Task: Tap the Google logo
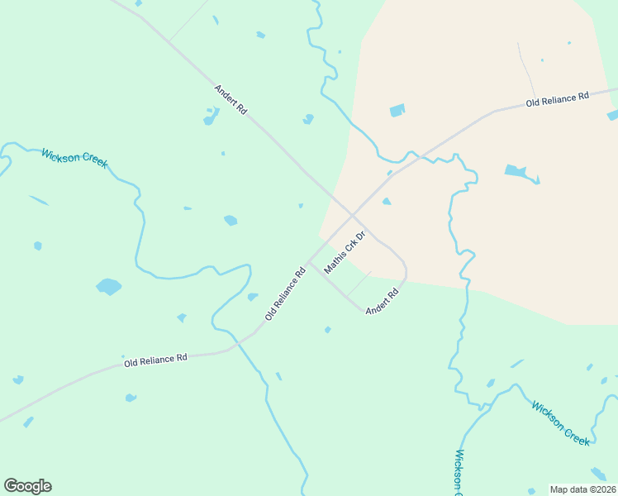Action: (27, 486)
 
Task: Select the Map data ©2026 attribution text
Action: (582, 489)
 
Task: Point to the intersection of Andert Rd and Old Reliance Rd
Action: (354, 214)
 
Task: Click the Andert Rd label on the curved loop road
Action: (382, 299)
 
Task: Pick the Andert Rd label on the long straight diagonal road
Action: (231, 98)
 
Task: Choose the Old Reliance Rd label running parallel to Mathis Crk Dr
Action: (286, 293)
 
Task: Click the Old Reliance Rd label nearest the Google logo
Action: (155, 360)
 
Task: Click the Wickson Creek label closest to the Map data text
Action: (561, 423)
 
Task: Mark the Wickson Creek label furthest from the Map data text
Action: (74, 157)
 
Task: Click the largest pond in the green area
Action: (108, 287)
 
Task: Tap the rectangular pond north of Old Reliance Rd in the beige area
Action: (397, 110)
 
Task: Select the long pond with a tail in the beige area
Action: (518, 172)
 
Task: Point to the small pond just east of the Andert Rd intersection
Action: (386, 201)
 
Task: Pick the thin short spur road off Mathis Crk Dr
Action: (359, 283)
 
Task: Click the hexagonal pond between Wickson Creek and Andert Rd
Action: (231, 220)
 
